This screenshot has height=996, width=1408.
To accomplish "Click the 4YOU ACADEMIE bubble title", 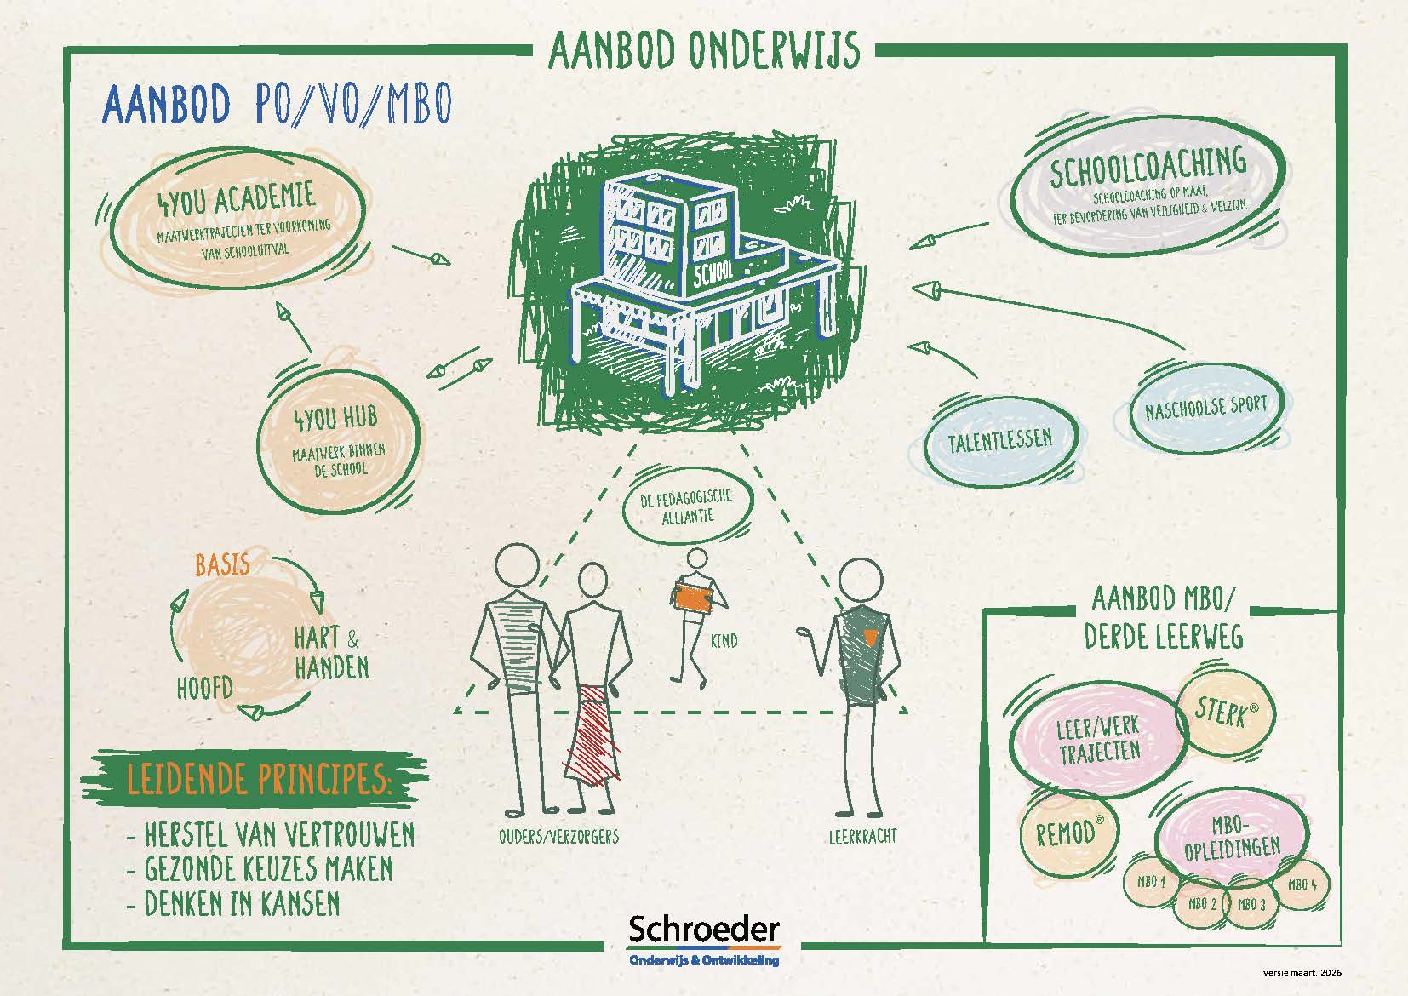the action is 236,198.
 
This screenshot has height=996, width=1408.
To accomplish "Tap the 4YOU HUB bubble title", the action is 336,418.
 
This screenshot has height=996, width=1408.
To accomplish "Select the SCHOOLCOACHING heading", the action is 1148,166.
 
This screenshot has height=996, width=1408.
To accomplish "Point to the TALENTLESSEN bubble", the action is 1000,441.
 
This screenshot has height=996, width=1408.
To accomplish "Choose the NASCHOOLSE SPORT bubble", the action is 1205,407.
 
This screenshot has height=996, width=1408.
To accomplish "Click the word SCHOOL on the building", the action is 713,274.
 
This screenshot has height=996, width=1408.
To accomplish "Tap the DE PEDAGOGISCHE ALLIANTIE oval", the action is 688,507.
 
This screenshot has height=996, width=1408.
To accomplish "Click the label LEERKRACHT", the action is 862,837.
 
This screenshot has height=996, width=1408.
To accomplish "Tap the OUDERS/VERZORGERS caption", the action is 558,837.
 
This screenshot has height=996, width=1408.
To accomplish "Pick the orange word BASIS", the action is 222,564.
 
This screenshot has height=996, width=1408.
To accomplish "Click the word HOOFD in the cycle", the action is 205,688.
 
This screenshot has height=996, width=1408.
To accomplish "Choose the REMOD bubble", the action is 1066,833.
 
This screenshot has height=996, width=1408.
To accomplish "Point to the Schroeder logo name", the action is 704,929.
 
